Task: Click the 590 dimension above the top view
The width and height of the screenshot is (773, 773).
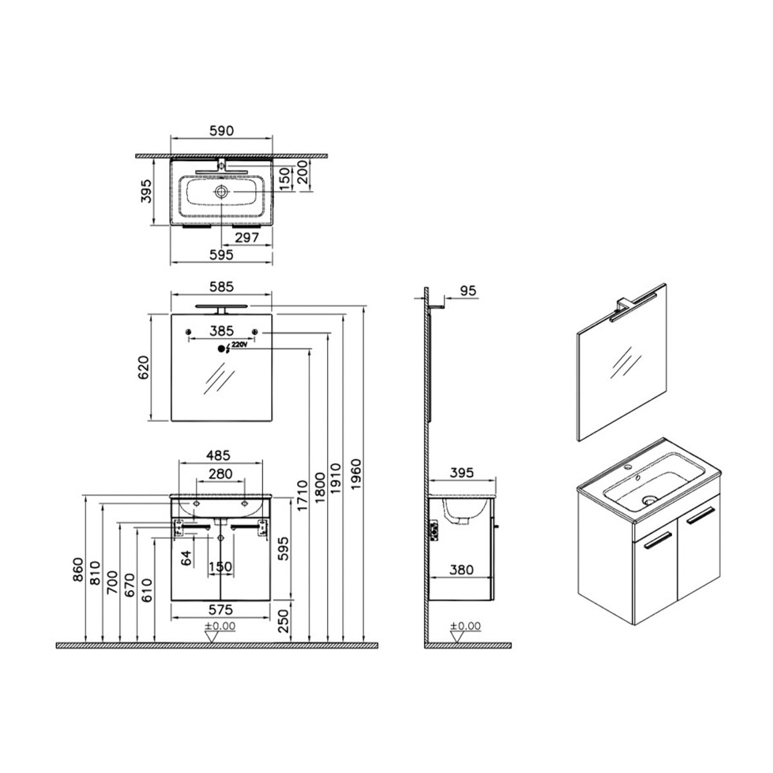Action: [222, 131]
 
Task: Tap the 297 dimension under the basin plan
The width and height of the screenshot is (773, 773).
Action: [247, 238]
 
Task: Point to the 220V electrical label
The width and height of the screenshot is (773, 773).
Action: [239, 344]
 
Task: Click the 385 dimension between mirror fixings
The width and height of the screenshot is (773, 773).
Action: [222, 331]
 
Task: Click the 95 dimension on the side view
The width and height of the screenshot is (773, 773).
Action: [468, 291]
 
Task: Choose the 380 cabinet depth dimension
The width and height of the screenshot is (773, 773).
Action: [461, 569]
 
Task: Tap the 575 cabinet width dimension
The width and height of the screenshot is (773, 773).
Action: [221, 610]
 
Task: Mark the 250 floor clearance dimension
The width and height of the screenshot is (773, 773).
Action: [283, 622]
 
